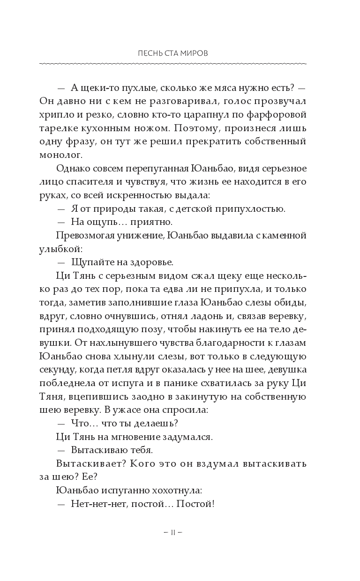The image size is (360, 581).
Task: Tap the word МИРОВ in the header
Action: click(x=195, y=53)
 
